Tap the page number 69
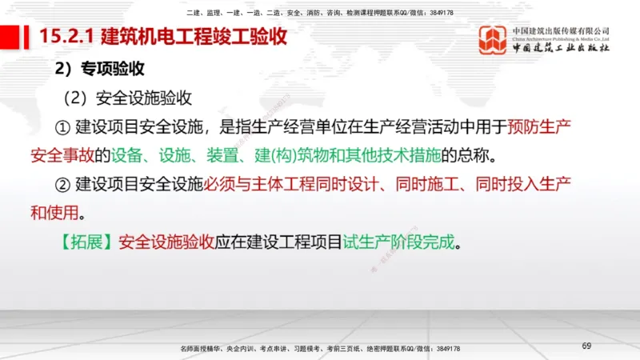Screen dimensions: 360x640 586,346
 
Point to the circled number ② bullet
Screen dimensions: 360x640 63,184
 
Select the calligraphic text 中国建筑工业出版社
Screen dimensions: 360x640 561,48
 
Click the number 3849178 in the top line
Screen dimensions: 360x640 437,12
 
